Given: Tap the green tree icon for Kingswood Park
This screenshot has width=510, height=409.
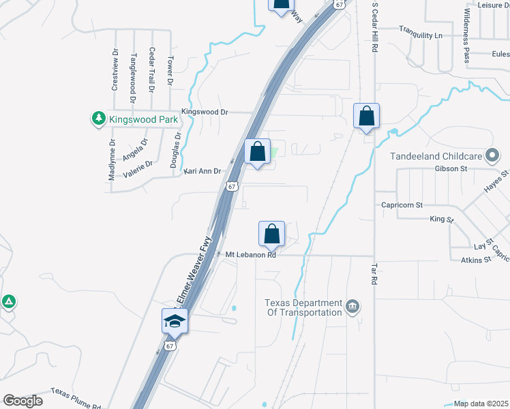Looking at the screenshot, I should click(98, 119).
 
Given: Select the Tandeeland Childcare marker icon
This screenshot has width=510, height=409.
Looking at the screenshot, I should click(491, 156).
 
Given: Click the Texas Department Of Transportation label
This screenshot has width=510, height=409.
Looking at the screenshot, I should click(303, 307).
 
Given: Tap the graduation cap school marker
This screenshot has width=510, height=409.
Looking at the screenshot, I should click(175, 320).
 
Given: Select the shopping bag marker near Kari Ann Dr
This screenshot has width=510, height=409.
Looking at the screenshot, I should click(258, 152).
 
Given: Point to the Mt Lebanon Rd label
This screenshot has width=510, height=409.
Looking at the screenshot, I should click(251, 255).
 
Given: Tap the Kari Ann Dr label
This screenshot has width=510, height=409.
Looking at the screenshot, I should click(202, 171).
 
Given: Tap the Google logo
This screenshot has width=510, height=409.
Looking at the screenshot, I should click(22, 401).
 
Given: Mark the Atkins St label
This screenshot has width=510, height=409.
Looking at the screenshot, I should click(476, 260).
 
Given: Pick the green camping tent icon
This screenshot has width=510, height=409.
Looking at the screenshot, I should click(8, 301).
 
